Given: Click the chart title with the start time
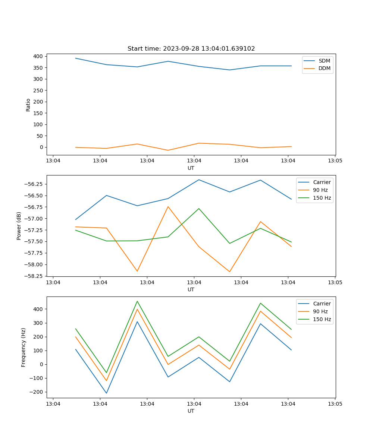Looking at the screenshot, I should pyautogui.click(x=191, y=49).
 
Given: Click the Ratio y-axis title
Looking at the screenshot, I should pyautogui.click(x=28, y=105).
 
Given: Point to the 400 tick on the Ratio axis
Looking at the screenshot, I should pyautogui.click(x=38, y=56).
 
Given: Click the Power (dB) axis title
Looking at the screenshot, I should pyautogui.click(x=19, y=226).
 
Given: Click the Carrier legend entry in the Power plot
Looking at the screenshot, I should pyautogui.click(x=322, y=182).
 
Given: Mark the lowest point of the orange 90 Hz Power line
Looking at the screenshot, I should pyautogui.click(x=229, y=272).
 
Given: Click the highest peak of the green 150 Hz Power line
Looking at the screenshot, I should pyautogui.click(x=199, y=209).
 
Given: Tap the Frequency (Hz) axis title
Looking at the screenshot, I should pyautogui.click(x=23, y=347).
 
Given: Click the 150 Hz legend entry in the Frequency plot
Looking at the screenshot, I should pyautogui.click(x=322, y=319).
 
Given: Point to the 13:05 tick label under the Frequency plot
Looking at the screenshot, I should pyautogui.click(x=335, y=404).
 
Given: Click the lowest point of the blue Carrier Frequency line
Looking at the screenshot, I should pyautogui.click(x=106, y=393).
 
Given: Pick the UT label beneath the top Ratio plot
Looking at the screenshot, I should pyautogui.click(x=191, y=168).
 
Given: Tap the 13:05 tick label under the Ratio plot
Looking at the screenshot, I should pyautogui.click(x=335, y=161).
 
